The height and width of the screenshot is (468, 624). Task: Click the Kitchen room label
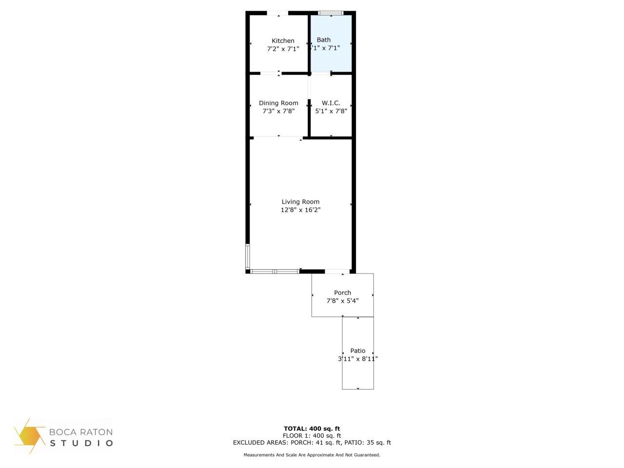point(283,41)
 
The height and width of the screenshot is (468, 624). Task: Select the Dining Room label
point(278,103)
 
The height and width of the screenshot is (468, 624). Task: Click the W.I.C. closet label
point(331,103)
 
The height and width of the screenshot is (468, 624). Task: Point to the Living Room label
point(300,202)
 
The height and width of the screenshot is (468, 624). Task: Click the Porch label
point(342,293)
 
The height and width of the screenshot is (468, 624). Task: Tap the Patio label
point(357,351)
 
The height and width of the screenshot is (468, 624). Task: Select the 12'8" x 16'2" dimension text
point(300,210)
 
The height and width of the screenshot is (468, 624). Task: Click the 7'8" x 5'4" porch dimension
point(342,301)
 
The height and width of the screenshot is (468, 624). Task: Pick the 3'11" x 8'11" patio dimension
point(358,359)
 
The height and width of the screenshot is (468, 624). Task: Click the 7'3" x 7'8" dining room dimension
point(278,111)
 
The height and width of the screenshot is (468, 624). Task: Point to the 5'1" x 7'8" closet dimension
point(331,111)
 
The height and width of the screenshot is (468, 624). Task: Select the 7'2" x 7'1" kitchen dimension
point(283,49)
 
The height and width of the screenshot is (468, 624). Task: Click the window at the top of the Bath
point(331,13)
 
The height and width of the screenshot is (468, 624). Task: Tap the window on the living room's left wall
point(248,256)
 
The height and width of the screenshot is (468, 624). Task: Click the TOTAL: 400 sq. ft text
point(312,429)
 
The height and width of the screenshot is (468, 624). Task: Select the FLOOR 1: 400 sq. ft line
point(312,436)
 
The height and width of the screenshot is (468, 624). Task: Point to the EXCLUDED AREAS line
point(312,443)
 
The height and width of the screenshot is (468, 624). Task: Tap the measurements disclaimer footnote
point(312,455)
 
